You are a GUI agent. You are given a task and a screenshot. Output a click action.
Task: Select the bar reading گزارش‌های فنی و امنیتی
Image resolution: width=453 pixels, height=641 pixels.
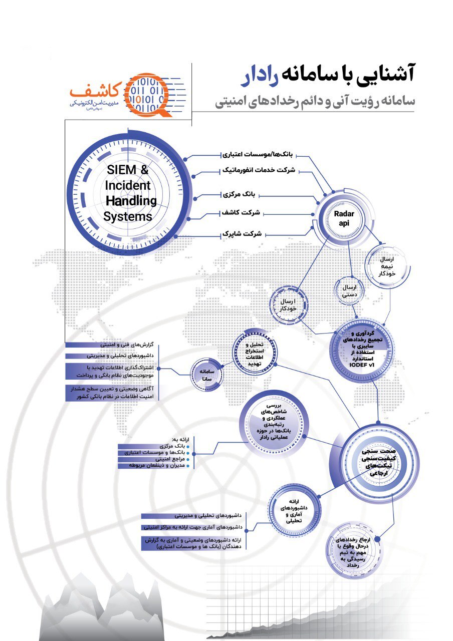[127, 346]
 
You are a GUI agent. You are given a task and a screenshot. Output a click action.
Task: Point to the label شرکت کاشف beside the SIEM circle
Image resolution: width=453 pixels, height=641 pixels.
[242, 213]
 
